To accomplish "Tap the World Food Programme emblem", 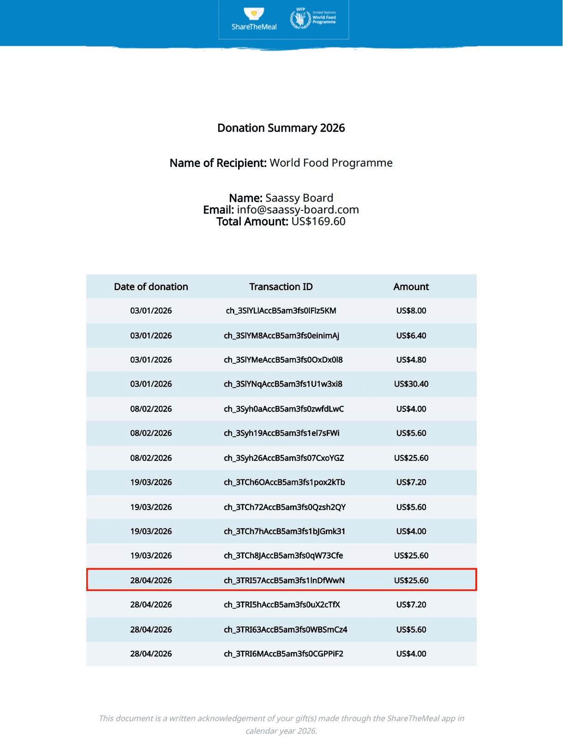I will pos(300,19).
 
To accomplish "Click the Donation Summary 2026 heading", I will pos(281,128).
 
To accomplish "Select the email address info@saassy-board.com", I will pos(298,210).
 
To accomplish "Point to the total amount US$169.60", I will pos(318,222).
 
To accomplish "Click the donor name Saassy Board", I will pos(299,198).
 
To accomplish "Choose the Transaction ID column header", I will pos(281,287).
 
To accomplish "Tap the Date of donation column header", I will pos(151,287).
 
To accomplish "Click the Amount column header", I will pos(411,287).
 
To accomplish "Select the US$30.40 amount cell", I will pos(411,384).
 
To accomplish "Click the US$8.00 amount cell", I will pos(411,311).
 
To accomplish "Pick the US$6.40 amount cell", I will pos(411,336).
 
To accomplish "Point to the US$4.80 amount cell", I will pos(411,360).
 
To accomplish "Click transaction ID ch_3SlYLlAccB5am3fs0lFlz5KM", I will pos(281,311).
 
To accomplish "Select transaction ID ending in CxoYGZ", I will pos(284,458).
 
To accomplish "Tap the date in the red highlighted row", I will pos(151,580).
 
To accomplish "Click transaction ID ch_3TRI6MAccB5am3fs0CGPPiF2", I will pos(283,654).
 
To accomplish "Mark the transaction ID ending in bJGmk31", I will pos(284,531).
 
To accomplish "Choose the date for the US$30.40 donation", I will pos(151,384).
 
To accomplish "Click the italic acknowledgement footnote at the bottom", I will pos(281,725).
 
